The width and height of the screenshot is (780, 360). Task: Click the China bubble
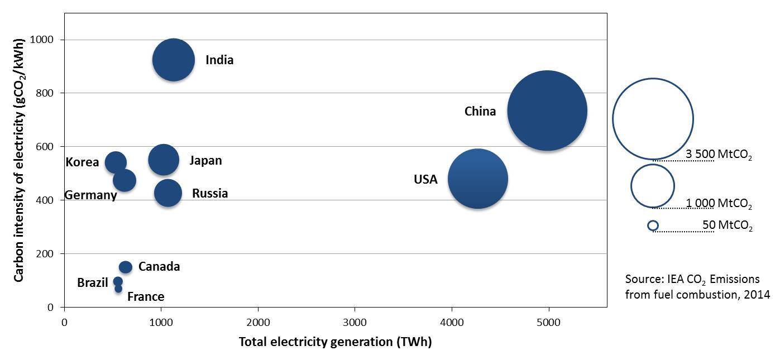pyautogui.click(x=547, y=111)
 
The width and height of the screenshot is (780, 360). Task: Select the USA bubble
pyautogui.click(x=477, y=179)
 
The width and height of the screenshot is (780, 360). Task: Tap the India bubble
pyautogui.click(x=174, y=60)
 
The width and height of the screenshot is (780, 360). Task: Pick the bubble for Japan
pyautogui.click(x=164, y=160)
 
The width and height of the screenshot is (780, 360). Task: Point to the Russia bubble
pyautogui.click(x=168, y=193)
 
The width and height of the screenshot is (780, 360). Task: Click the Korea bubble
pyautogui.click(x=116, y=162)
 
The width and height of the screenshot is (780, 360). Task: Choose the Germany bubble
pyautogui.click(x=124, y=180)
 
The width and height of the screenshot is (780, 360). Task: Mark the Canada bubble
pyautogui.click(x=126, y=267)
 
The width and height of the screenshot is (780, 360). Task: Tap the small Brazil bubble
pyautogui.click(x=118, y=281)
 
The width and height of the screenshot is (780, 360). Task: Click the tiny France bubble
pyautogui.click(x=118, y=289)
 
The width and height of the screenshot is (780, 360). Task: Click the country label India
pyautogui.click(x=219, y=60)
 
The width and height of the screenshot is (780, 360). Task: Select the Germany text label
pyautogui.click(x=90, y=195)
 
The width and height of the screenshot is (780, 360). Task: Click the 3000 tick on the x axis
pyautogui.click(x=355, y=323)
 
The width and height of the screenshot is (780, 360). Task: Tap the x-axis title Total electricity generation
pyautogui.click(x=335, y=342)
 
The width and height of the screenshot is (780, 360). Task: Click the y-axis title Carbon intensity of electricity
pyautogui.click(x=18, y=160)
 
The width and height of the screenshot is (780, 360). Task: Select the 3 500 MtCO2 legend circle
pyautogui.click(x=653, y=119)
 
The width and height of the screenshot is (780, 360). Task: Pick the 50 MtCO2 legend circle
pyautogui.click(x=653, y=225)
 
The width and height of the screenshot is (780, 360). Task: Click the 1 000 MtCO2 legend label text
pyautogui.click(x=719, y=203)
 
